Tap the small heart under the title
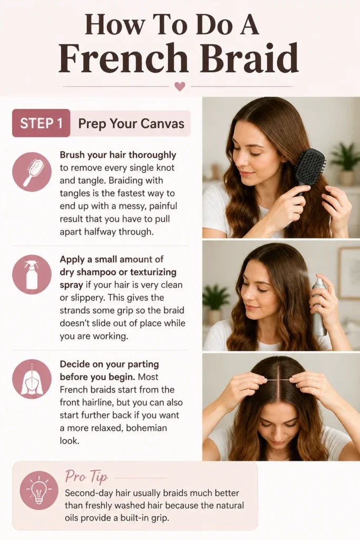coord(180,86)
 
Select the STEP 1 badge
coord(41,123)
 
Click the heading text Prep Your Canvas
coord(131,123)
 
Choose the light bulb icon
coord(38,491)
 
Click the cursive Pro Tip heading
coord(86,477)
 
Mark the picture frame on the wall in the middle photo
coord(348,273)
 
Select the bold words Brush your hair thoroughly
coord(118,156)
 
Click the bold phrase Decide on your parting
coord(110,364)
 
